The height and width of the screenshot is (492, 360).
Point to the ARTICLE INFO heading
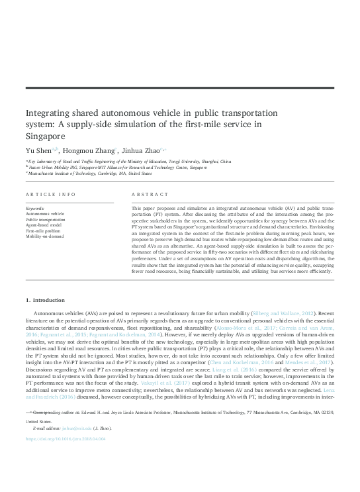50,195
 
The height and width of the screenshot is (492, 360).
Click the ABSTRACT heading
147,195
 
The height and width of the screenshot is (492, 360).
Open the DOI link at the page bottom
64,476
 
